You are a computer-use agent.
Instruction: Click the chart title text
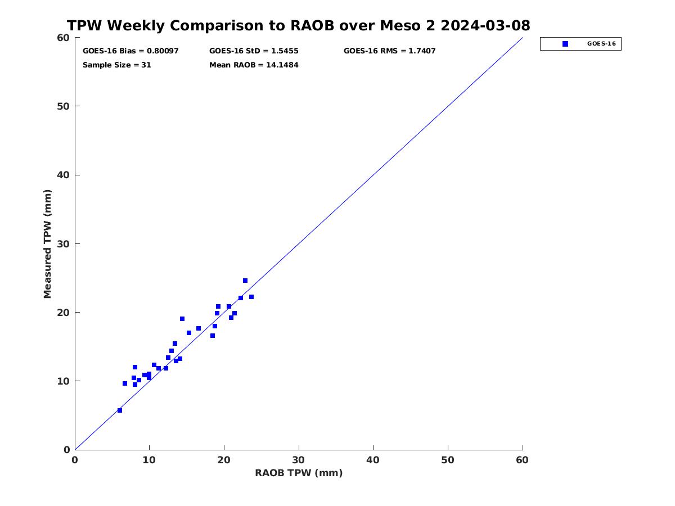click(x=298, y=25)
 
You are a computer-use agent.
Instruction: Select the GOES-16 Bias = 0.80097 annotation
click(x=130, y=51)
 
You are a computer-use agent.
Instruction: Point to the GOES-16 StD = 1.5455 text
click(x=254, y=51)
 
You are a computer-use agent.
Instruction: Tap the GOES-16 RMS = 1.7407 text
click(x=389, y=51)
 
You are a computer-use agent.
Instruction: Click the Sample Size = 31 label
click(x=117, y=65)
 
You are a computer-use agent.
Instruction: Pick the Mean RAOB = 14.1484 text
click(x=254, y=65)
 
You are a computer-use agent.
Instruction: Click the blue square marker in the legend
click(x=565, y=44)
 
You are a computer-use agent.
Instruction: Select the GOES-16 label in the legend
click(x=601, y=44)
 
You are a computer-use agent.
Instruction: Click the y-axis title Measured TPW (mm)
click(x=47, y=244)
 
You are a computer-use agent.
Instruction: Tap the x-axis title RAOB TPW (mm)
click(x=299, y=473)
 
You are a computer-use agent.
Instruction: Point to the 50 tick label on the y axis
click(x=64, y=106)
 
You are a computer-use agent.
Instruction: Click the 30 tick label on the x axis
click(x=299, y=460)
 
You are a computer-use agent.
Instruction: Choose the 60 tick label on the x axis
click(x=522, y=460)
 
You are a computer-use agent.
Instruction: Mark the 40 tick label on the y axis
click(x=64, y=175)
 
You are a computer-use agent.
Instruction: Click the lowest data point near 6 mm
click(x=120, y=410)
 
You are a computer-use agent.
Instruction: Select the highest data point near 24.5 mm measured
click(x=245, y=281)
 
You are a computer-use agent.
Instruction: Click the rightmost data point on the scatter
click(x=251, y=297)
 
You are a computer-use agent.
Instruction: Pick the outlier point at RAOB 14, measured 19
click(x=182, y=319)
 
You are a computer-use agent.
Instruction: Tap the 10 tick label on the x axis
click(x=149, y=460)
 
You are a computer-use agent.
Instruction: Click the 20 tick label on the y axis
click(x=64, y=313)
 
